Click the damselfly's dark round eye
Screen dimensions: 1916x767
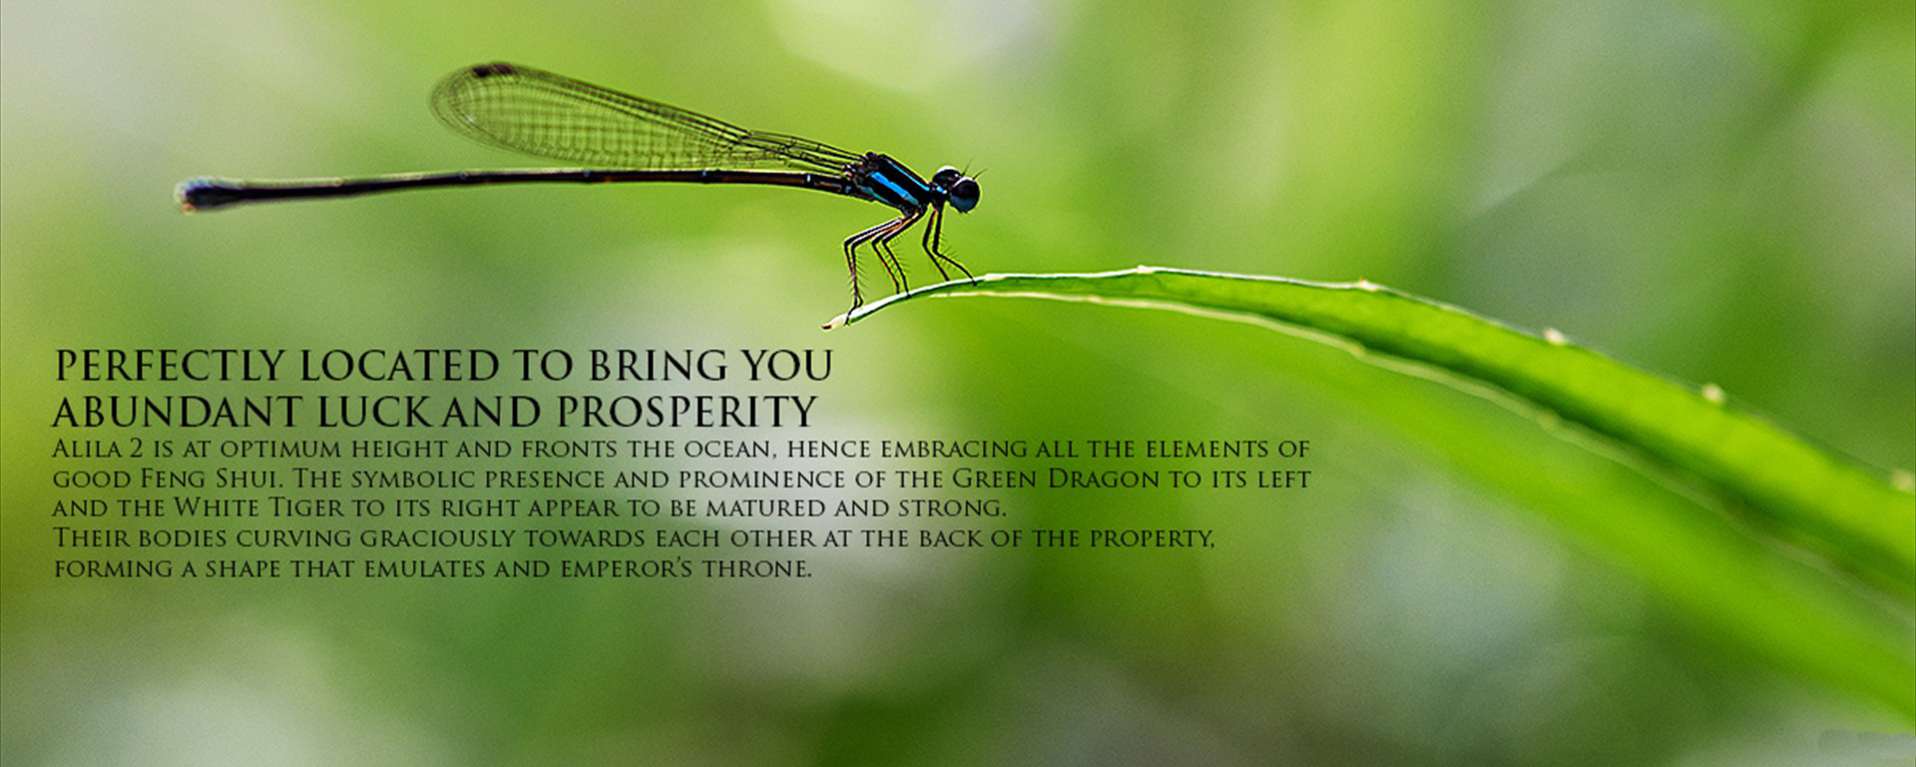[x=964, y=194]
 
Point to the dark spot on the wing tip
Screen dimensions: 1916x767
[x=493, y=70]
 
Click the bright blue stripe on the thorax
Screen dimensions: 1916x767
[x=893, y=187]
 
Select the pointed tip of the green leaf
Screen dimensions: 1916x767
[x=826, y=325]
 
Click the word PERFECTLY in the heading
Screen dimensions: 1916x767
[x=170, y=367]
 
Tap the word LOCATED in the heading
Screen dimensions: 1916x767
[x=399, y=367]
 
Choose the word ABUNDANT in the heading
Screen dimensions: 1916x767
[x=177, y=411]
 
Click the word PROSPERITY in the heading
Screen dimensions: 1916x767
[x=687, y=411]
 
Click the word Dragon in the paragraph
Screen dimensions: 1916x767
[x=1104, y=478]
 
